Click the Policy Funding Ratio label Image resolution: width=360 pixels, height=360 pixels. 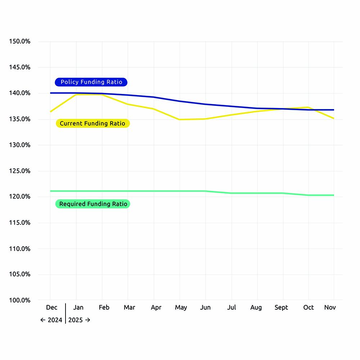91,82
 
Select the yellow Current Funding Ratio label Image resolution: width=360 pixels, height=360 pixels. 93,123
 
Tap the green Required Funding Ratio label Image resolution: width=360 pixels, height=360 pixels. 93,204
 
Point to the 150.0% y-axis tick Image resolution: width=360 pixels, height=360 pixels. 19,41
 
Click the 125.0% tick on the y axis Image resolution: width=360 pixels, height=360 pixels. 19,171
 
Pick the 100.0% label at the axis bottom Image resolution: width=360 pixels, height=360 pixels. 19,300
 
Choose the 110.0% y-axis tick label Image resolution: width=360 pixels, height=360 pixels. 19,249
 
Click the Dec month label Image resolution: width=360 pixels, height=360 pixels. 51,307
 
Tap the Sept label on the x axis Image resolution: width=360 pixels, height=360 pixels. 281,307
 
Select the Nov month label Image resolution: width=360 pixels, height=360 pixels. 330,307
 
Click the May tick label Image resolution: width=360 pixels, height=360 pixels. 181,307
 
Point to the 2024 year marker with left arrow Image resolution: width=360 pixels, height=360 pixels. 51,320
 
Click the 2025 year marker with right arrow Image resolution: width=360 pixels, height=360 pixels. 79,320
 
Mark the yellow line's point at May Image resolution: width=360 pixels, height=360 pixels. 180,120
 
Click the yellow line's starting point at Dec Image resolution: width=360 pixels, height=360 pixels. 50,112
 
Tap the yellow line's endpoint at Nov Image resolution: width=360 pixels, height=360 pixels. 334,118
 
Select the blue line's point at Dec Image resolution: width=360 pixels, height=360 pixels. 50,93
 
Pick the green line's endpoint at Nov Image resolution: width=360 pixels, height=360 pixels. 334,195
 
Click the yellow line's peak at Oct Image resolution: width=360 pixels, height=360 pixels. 308,107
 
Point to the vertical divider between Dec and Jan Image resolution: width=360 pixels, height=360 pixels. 66,313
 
